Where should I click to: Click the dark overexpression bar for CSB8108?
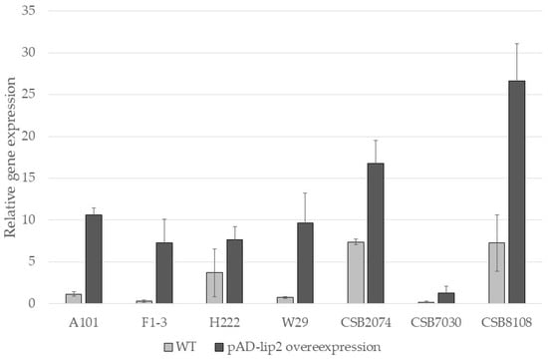(516, 191)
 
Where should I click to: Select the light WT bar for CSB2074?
(356, 272)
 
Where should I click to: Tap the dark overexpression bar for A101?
(94, 259)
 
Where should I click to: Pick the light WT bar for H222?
(214, 287)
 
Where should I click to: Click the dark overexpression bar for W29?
(305, 262)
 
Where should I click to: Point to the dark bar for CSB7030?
(446, 298)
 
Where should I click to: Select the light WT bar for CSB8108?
(496, 273)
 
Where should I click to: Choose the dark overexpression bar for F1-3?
(164, 273)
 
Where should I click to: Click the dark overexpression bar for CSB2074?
(376, 233)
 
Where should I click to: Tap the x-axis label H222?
(224, 322)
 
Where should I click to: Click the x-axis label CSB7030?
(435, 322)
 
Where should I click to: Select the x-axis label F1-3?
(154, 322)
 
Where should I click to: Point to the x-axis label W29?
(295, 322)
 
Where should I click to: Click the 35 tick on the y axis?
(28, 11)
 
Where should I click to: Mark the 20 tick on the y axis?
(28, 136)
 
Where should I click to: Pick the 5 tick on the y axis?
(32, 261)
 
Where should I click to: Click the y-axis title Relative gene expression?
(10, 158)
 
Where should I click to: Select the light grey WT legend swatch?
(168, 347)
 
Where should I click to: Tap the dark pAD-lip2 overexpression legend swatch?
(219, 347)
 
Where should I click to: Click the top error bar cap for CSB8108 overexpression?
(516, 44)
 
